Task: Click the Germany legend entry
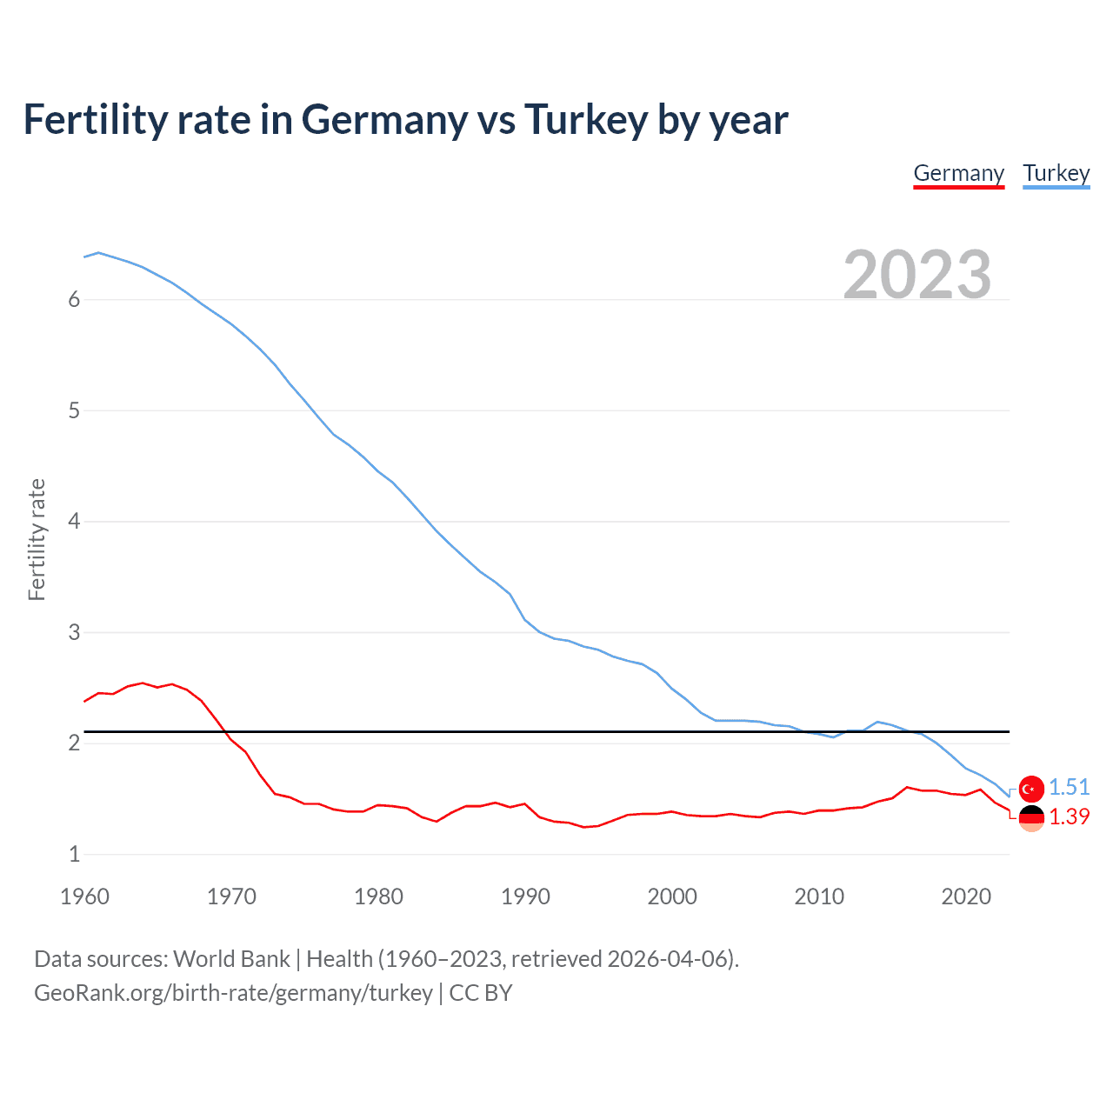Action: point(958,173)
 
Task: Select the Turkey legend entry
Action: point(1056,173)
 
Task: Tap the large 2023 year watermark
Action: point(917,275)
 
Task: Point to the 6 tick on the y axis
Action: point(74,300)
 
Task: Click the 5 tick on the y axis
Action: point(74,410)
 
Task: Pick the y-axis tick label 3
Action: point(74,632)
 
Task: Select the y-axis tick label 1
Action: point(74,854)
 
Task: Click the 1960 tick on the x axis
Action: point(84,896)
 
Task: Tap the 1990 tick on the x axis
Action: point(525,896)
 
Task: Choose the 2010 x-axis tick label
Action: point(819,896)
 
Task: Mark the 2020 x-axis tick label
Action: point(966,896)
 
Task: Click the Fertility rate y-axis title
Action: point(37,539)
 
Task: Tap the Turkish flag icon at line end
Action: point(1031,789)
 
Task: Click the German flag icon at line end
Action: point(1031,817)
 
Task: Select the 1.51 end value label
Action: point(1069,787)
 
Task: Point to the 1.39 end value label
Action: point(1069,816)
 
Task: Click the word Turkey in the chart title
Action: point(585,119)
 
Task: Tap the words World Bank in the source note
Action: point(231,959)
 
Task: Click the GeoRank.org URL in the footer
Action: point(233,993)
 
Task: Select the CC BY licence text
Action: point(481,993)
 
